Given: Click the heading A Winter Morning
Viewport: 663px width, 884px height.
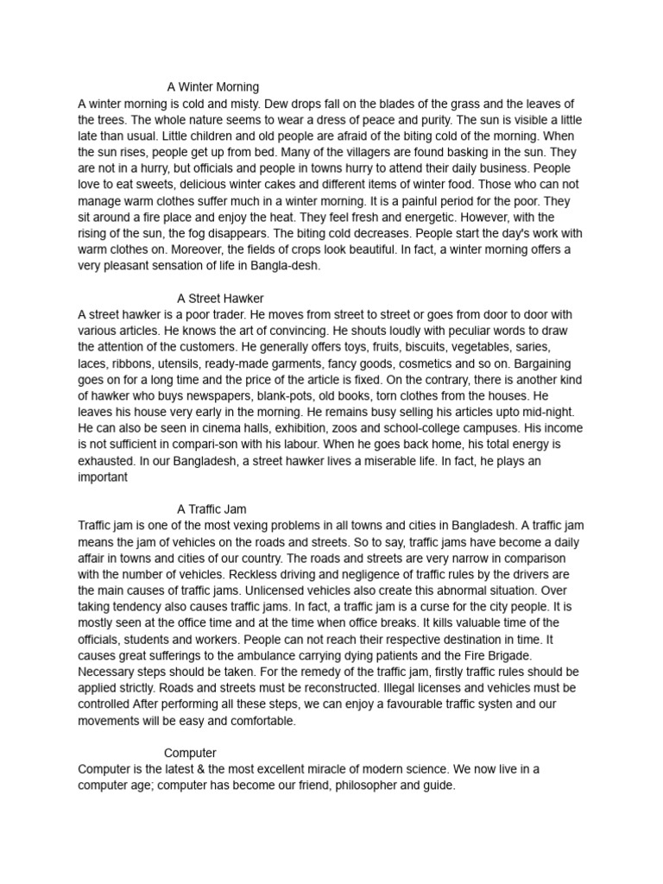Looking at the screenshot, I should point(213,87).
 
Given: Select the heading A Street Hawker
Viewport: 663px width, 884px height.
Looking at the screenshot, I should point(220,299).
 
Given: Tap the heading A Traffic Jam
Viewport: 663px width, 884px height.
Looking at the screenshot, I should point(212,509).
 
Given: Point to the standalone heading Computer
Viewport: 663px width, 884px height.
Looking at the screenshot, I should point(190,753).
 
